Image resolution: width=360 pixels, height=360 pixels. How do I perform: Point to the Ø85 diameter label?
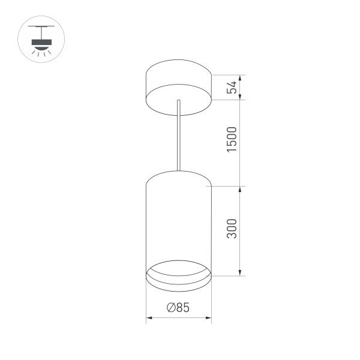pos(178,308)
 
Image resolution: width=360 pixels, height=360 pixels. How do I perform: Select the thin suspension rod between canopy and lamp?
pos(179,138)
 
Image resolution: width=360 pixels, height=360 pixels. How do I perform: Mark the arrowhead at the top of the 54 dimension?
pos(241,77)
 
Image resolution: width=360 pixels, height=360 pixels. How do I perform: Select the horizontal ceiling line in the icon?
pos(41,26)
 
